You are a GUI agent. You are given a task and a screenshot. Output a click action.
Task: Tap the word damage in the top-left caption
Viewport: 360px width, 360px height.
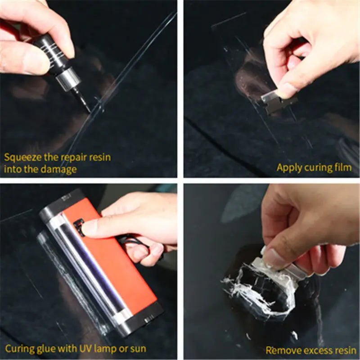[x=61, y=170]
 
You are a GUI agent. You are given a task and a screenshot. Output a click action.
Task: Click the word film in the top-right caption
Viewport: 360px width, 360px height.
[x=342, y=168]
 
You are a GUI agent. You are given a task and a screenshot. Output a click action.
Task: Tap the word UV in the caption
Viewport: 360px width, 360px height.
[x=83, y=349]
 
